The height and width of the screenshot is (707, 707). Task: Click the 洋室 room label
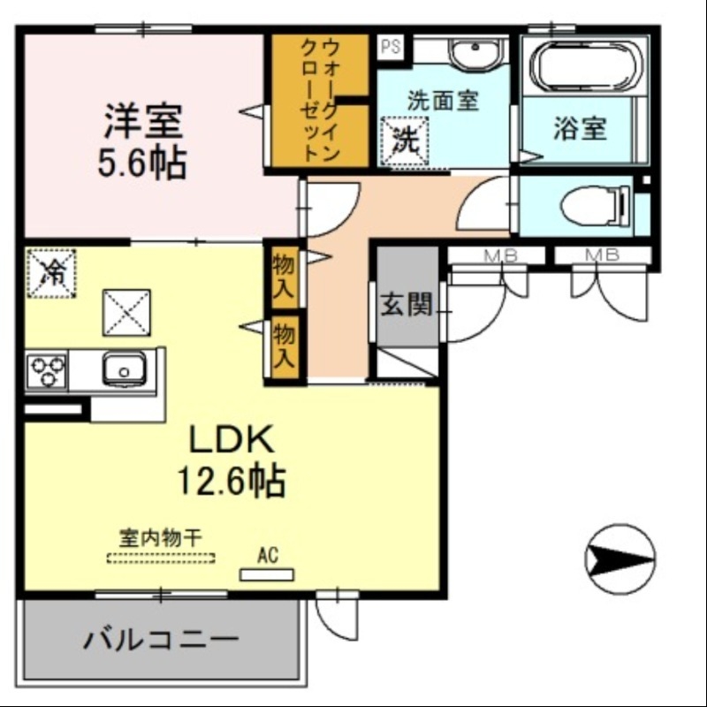pyautogui.click(x=143, y=122)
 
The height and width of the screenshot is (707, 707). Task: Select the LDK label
pyautogui.click(x=232, y=438)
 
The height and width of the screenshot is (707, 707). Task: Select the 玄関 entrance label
pyautogui.click(x=406, y=306)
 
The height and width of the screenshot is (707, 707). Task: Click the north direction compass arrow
pyautogui.click(x=620, y=558)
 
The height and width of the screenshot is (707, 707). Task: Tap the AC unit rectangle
pyautogui.click(x=267, y=574)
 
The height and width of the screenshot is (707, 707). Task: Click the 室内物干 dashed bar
pyautogui.click(x=160, y=558)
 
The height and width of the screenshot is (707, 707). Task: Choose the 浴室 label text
pyautogui.click(x=580, y=129)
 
